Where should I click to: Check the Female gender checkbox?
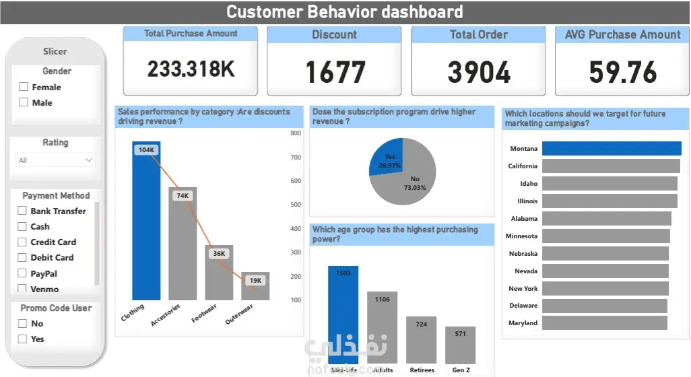(x=24, y=87)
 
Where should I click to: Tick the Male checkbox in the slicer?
(x=24, y=102)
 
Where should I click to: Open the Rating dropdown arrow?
(x=88, y=160)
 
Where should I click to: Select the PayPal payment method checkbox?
(x=22, y=273)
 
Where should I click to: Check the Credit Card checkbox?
(x=22, y=242)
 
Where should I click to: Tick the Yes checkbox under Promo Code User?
(x=22, y=339)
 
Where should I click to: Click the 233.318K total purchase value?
(x=191, y=69)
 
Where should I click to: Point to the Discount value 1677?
(x=335, y=72)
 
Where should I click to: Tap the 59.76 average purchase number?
(x=623, y=72)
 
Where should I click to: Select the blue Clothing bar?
(x=146, y=222)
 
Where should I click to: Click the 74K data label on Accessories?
(x=183, y=196)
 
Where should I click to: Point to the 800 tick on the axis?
(x=296, y=133)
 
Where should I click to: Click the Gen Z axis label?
(x=461, y=370)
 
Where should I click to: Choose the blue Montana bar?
(x=612, y=149)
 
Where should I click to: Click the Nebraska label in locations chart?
(x=523, y=254)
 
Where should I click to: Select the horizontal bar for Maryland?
(x=604, y=323)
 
